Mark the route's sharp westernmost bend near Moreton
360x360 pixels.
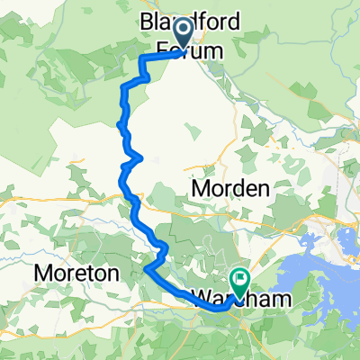(145, 267)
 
